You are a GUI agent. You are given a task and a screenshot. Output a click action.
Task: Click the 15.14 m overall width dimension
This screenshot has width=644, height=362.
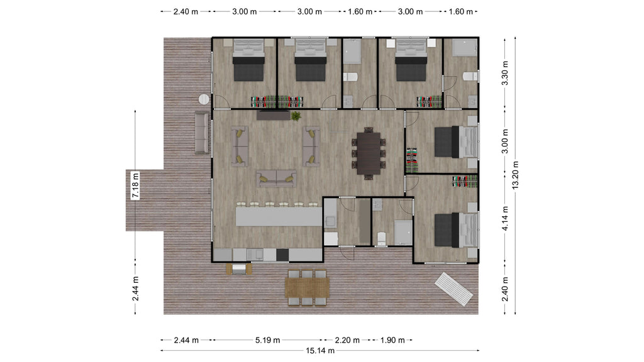pos(320,351)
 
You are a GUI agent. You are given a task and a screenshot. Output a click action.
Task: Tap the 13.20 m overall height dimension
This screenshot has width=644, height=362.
pos(516,175)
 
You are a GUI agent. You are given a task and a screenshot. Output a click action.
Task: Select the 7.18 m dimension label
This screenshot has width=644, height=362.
pos(135,185)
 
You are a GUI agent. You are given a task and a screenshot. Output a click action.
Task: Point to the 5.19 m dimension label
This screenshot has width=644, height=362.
pos(267,340)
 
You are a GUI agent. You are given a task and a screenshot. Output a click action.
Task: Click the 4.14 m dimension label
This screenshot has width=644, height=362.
pos(506,218)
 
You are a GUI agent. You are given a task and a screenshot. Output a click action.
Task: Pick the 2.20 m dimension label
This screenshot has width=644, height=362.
pos(347,340)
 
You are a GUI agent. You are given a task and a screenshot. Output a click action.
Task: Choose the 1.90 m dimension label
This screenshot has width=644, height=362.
pos(392,340)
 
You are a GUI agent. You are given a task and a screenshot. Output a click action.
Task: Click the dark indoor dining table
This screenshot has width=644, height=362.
pos(369,153)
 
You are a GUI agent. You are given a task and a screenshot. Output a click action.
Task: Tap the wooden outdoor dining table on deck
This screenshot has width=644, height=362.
pos(307,287)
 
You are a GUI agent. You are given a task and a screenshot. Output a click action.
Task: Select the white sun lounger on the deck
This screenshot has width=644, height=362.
pos(454,289)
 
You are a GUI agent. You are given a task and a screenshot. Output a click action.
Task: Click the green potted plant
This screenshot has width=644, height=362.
pos(296,116)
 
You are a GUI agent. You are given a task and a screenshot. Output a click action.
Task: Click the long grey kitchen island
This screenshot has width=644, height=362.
pos(279,217)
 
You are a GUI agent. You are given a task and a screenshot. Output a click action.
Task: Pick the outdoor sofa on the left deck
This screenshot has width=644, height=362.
pos(202,133)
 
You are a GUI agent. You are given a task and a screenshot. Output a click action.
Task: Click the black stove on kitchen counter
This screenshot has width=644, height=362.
pos(282,255)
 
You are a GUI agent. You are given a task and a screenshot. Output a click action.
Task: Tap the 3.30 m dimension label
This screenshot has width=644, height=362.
pos(506,73)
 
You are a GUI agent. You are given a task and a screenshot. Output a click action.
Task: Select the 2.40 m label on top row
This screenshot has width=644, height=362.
pos(186,12)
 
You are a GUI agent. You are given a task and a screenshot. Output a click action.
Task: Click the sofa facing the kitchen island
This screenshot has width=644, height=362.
pos(277,179)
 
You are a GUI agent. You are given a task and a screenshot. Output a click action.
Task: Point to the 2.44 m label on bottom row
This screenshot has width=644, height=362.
pos(186,340)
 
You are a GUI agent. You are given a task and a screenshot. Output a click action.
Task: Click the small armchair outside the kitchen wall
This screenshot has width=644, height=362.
pos(239,269)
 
